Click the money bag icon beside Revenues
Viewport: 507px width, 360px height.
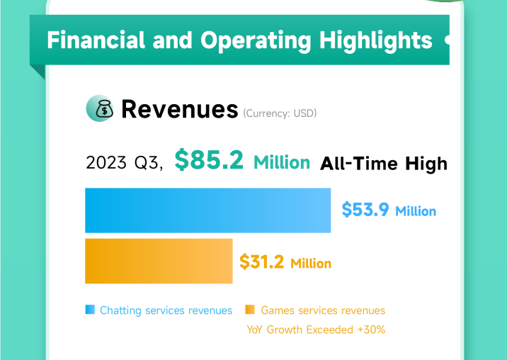point(99,108)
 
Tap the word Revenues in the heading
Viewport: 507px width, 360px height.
point(179,109)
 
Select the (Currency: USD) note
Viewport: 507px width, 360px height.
point(280,113)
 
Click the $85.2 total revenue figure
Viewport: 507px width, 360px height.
point(209,161)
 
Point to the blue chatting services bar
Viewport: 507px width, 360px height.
point(207,210)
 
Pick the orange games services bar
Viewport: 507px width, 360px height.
point(159,261)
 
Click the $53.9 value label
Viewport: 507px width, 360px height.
point(365,210)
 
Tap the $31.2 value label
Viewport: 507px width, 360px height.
point(262,262)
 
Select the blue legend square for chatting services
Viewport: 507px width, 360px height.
point(90,310)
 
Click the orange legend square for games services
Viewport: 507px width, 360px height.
point(249,310)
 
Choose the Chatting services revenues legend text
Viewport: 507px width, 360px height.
point(166,310)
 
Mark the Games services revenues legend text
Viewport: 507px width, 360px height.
point(323,310)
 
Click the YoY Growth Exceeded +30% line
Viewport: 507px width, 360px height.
point(316,330)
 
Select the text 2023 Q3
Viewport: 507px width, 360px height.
point(123,163)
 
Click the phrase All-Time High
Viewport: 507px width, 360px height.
point(384,164)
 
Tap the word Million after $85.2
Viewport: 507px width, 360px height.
point(282,162)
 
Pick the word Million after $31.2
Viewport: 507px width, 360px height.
point(310,264)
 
